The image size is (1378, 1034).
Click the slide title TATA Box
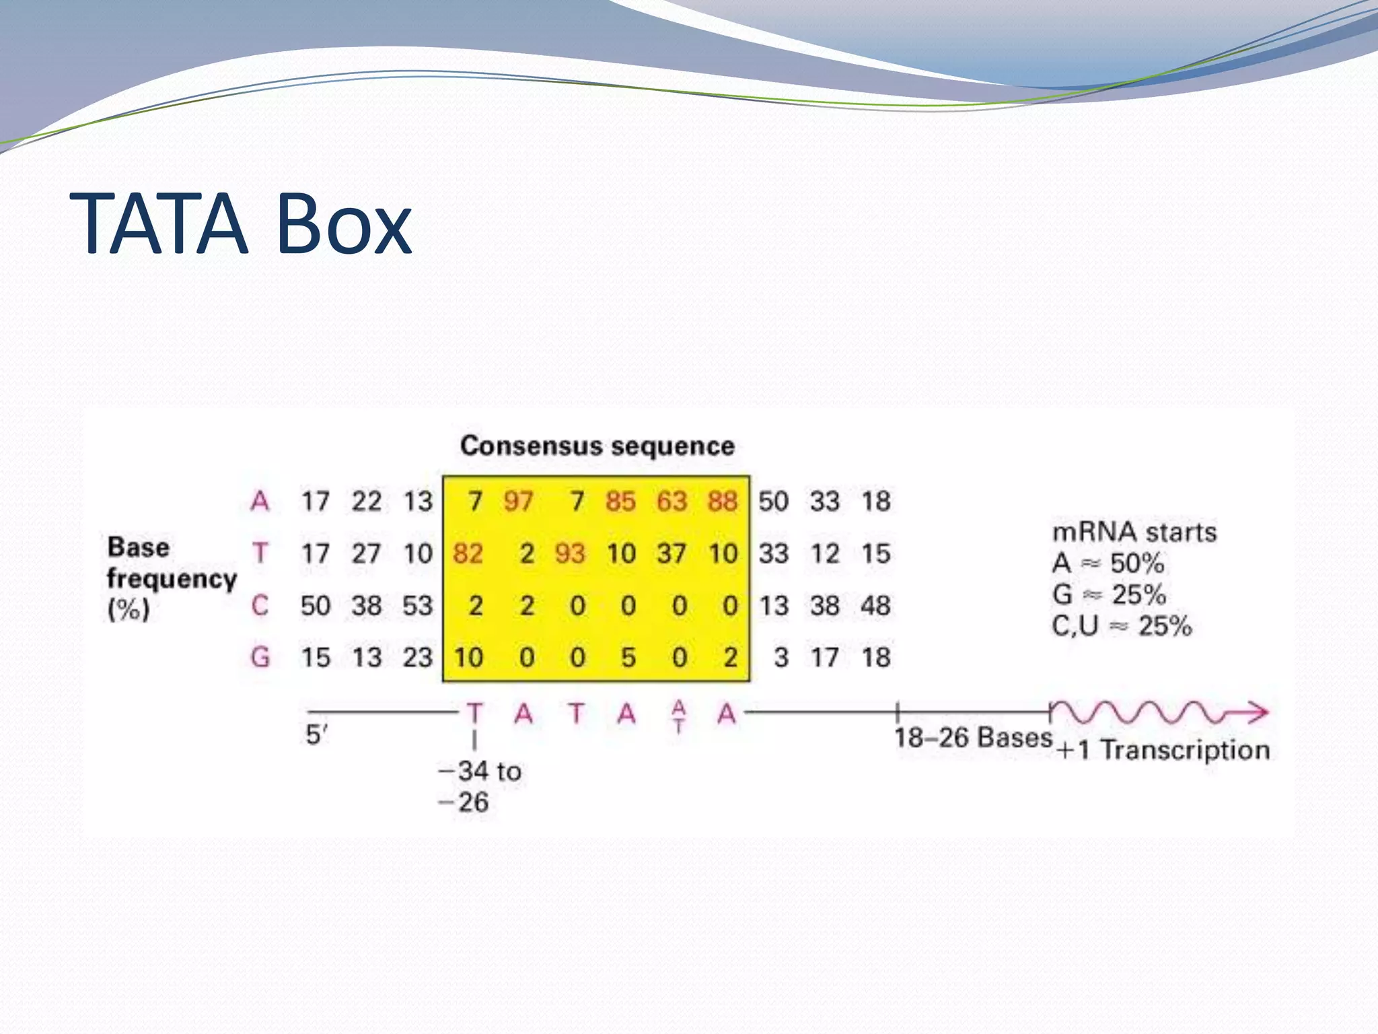click(x=240, y=224)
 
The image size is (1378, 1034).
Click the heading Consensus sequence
click(x=597, y=446)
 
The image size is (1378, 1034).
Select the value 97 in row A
click(x=518, y=502)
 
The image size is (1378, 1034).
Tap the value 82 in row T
click(x=468, y=554)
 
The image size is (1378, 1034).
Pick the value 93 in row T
click(x=570, y=554)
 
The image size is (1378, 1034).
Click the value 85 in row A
click(x=620, y=502)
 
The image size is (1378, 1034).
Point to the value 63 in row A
click(x=672, y=502)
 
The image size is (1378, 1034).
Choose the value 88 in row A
click(x=723, y=502)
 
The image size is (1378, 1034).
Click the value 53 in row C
click(x=417, y=606)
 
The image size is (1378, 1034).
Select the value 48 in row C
click(x=875, y=606)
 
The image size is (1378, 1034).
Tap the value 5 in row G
click(x=628, y=658)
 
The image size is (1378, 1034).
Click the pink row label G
click(x=260, y=658)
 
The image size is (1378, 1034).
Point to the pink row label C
click(x=260, y=606)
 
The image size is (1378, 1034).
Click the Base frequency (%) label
click(x=171, y=578)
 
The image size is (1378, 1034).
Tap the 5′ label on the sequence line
click(x=316, y=734)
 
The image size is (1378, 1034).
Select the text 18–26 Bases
click(x=972, y=738)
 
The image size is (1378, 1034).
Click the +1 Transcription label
click(x=1163, y=750)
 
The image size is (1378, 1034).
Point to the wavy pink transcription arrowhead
click(x=1256, y=712)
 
